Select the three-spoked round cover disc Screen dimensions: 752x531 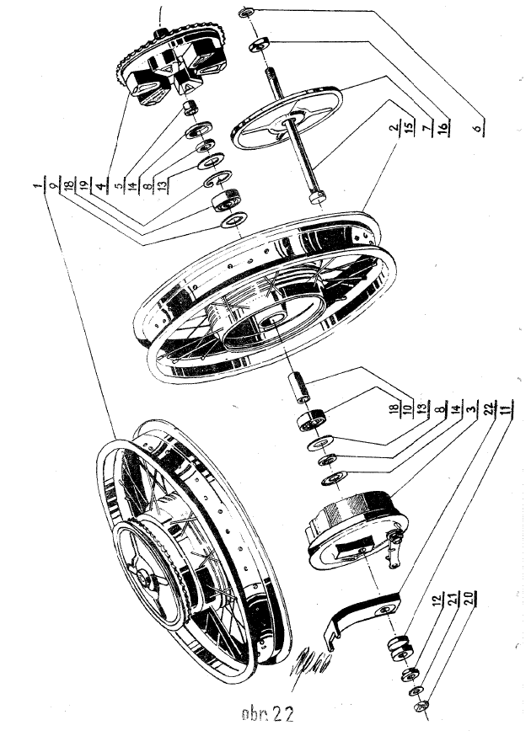[287, 119]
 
